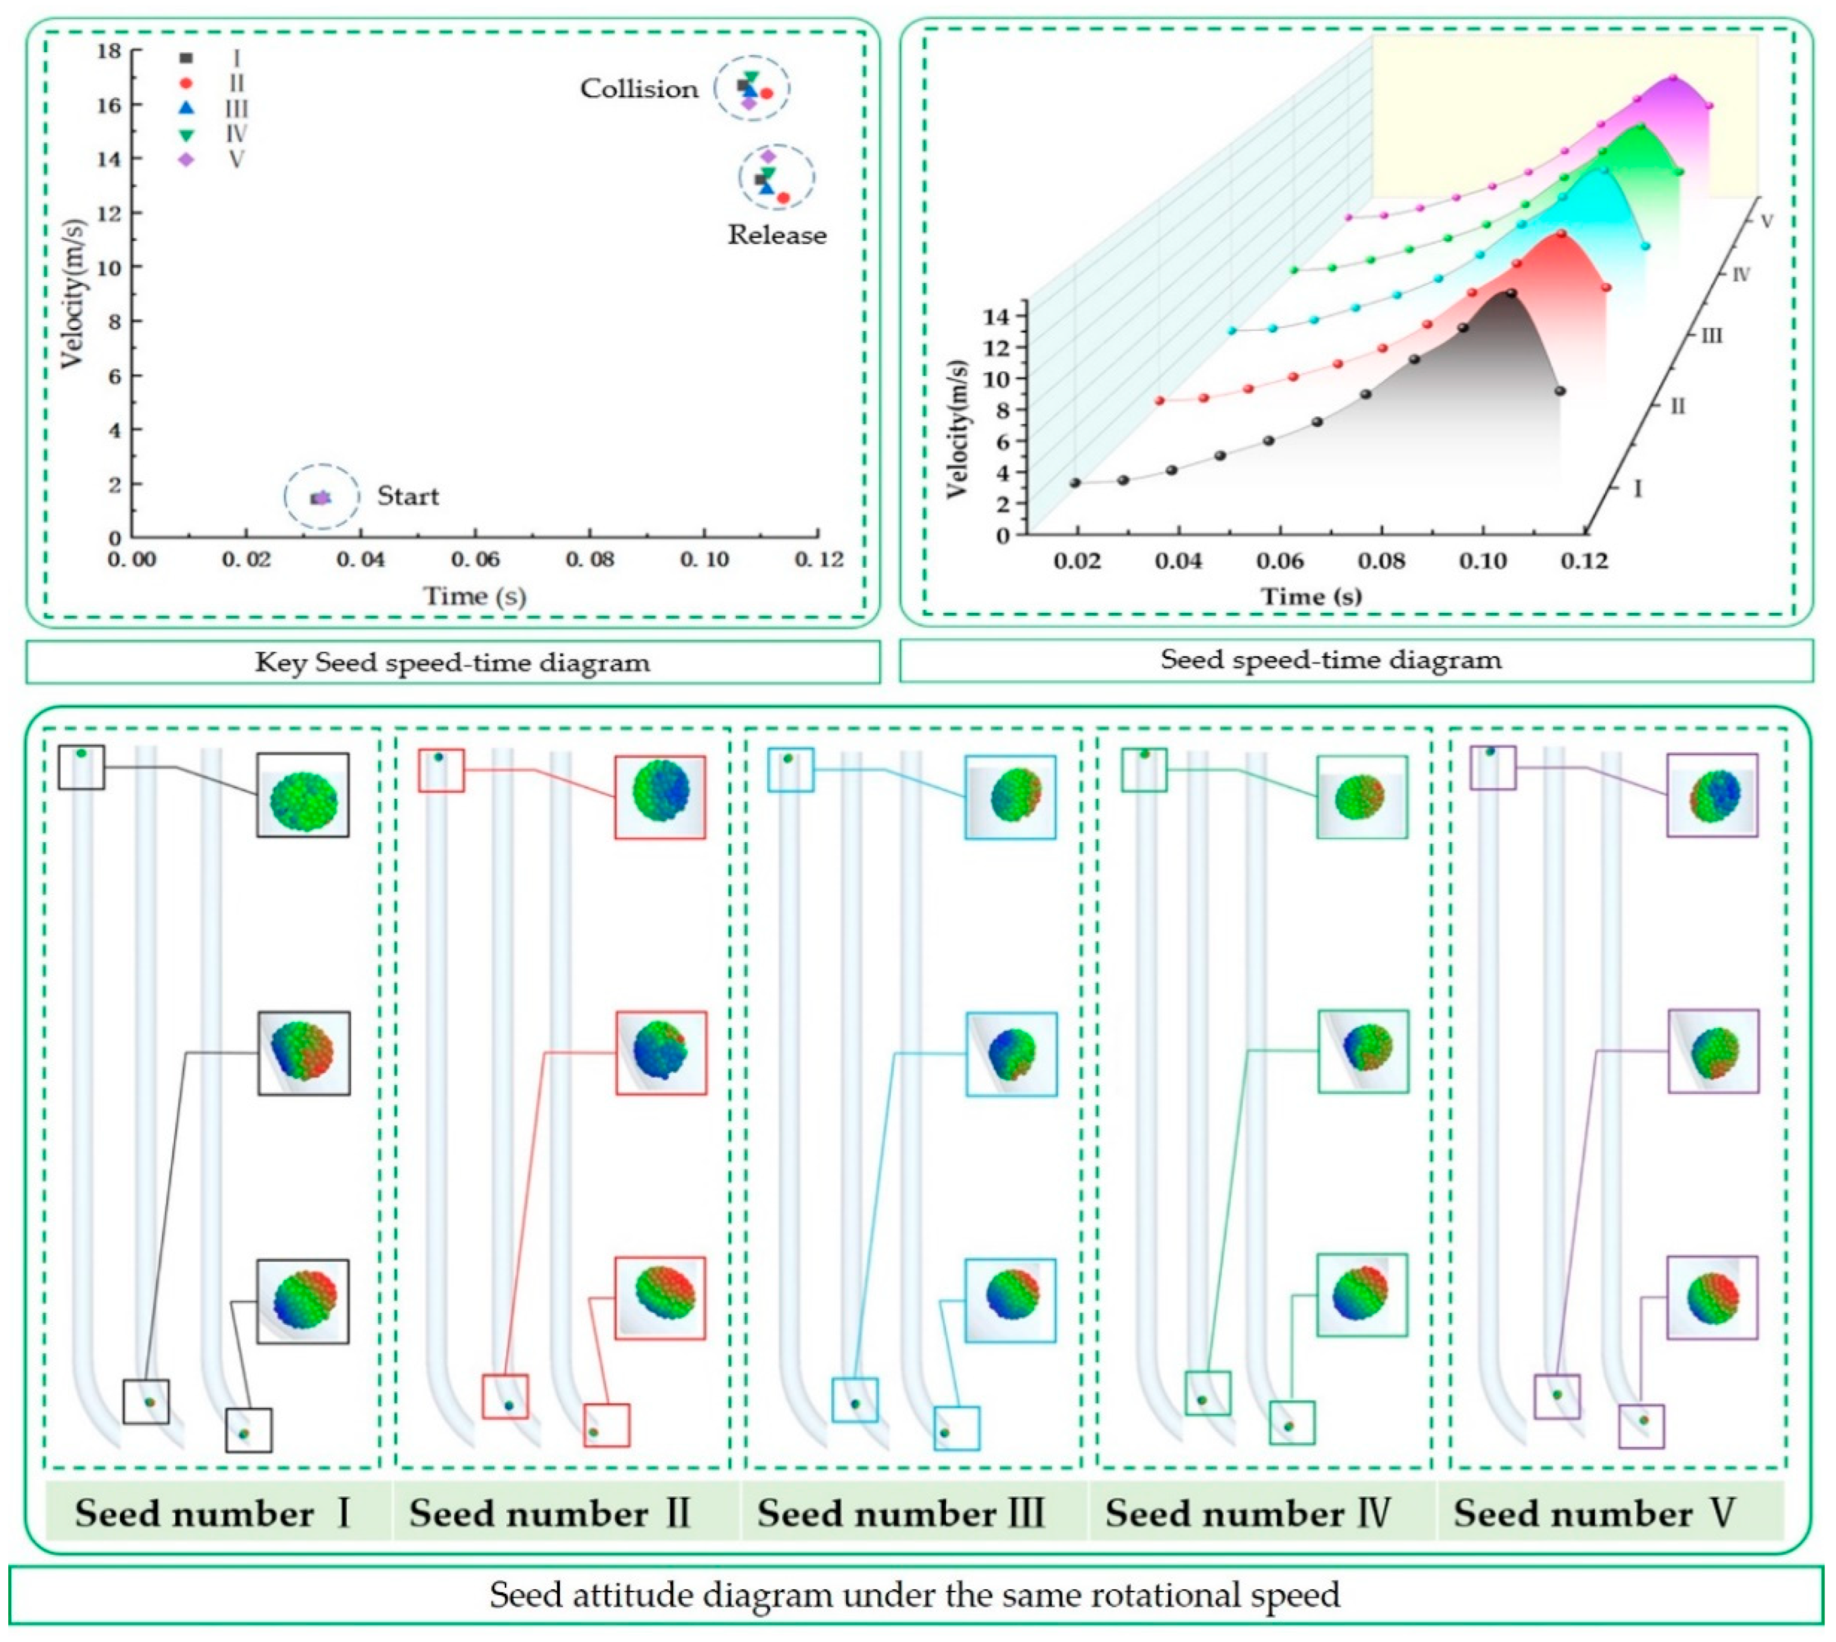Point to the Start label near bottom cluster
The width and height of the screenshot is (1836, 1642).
click(x=408, y=496)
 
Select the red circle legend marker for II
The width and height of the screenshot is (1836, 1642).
click(x=186, y=84)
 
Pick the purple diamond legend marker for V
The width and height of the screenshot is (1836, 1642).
click(x=186, y=159)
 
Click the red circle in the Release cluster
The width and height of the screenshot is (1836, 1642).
click(x=783, y=198)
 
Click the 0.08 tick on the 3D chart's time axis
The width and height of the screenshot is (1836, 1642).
click(x=1381, y=561)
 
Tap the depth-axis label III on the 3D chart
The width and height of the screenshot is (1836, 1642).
click(x=1711, y=337)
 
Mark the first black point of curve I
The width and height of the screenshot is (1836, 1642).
click(x=1075, y=483)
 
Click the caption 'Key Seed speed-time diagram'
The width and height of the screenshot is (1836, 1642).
click(x=452, y=663)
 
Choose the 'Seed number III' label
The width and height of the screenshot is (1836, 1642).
click(x=900, y=1513)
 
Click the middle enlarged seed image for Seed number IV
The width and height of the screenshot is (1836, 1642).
click(x=1362, y=1050)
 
